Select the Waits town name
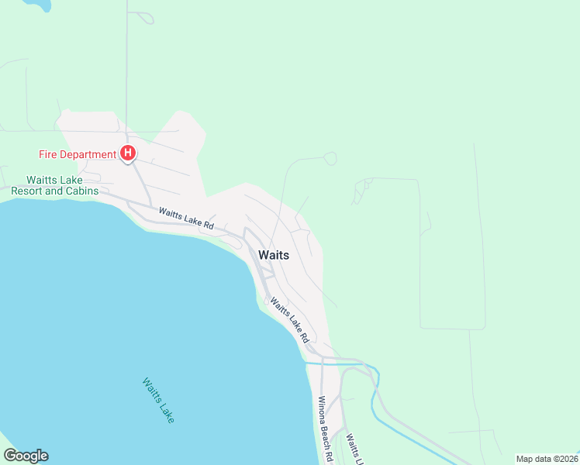274,255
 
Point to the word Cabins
82,191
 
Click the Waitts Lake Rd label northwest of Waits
186,218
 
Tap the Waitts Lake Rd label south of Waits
289,322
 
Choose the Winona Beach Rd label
325,429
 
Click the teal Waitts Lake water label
158,400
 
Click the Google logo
26,456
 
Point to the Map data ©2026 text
547,458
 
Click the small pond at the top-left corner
37,5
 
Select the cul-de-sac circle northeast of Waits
330,158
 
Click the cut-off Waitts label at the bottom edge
354,449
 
